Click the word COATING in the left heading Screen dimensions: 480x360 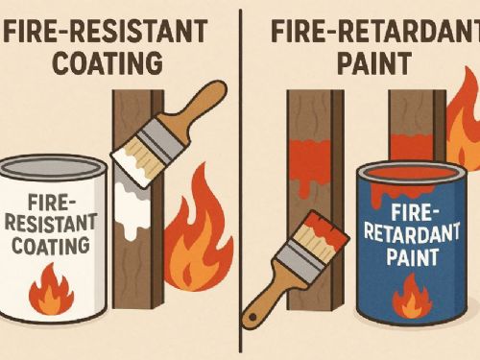coord(108,62)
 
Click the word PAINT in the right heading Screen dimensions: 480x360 coord(374,63)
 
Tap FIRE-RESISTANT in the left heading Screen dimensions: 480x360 coord(106,31)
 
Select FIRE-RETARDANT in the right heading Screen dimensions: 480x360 coord(375,31)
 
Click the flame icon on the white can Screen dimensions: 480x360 coord(52,290)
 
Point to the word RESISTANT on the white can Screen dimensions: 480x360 coord(51,224)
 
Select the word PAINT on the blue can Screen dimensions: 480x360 coord(412,256)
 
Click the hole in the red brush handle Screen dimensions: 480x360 coord(252,318)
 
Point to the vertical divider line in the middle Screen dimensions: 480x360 coord(241,180)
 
